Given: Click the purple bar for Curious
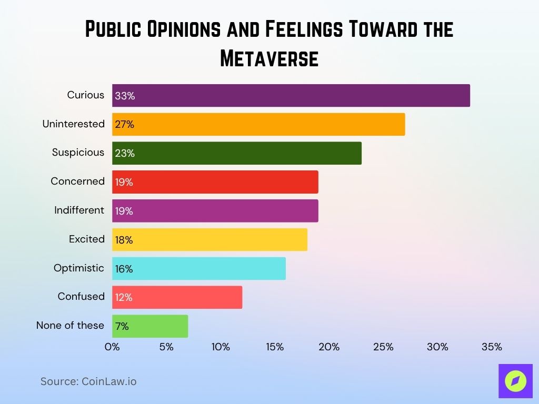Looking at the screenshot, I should click(291, 96).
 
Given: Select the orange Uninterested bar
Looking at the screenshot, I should click(258, 124).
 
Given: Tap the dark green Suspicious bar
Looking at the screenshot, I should click(237, 153).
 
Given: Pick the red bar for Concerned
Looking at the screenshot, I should click(215, 182).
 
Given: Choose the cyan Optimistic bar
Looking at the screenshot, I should click(199, 269).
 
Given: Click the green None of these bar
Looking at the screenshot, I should click(150, 326).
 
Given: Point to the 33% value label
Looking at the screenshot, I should click(125, 96).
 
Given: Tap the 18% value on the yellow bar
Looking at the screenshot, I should click(124, 240).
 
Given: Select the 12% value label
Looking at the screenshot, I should click(124, 298).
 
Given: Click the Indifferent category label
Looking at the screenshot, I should click(79, 210).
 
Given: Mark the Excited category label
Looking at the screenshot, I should click(87, 239).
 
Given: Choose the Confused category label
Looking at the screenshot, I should click(81, 296).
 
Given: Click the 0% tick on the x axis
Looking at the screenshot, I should click(112, 347).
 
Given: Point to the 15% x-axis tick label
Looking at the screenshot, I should click(275, 347).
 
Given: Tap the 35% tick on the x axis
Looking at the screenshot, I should click(492, 347).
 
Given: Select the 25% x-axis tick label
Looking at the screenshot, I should click(383, 347).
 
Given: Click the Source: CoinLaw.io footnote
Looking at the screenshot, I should click(88, 381).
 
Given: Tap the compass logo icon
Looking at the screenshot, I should click(515, 381).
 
